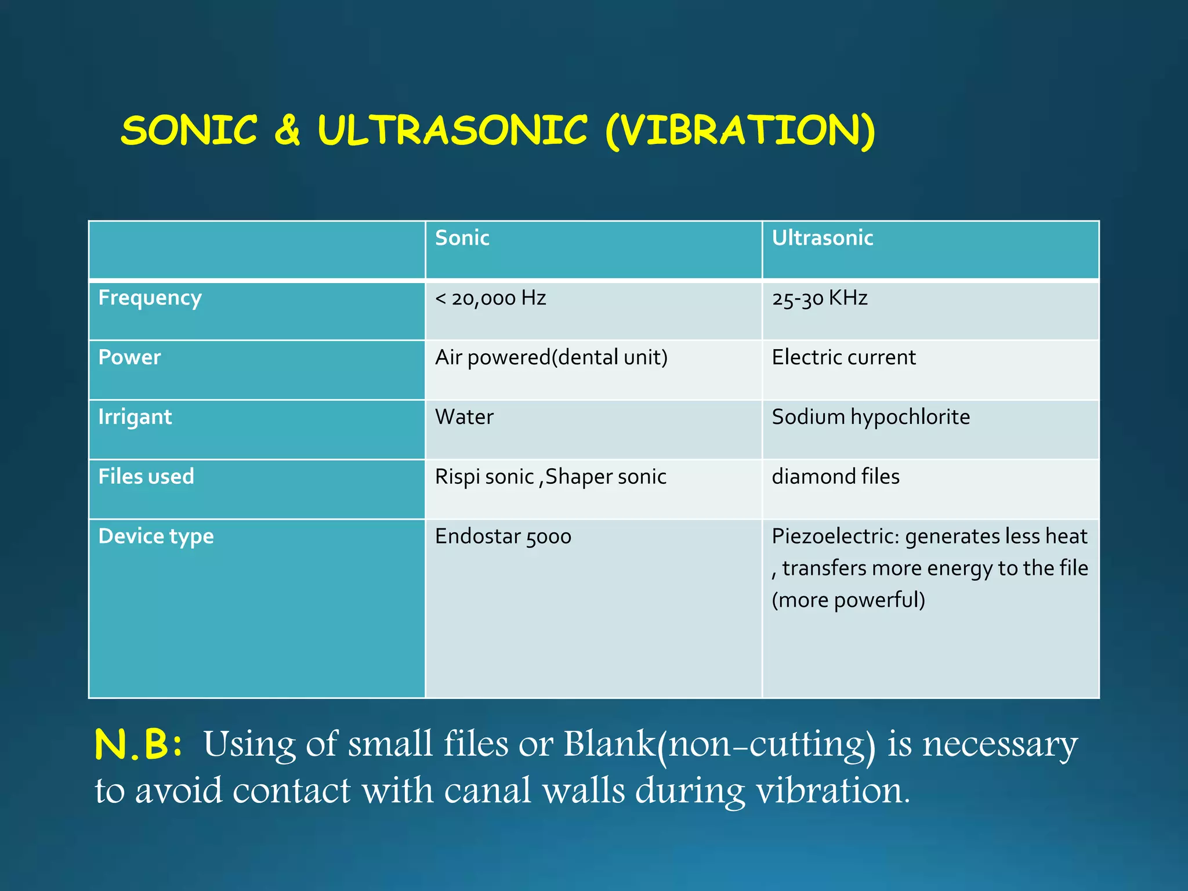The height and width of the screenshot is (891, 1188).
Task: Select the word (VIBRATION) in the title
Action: [x=740, y=131]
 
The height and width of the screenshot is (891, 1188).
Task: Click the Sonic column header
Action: [x=462, y=238]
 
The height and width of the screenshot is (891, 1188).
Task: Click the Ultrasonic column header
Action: [x=822, y=238]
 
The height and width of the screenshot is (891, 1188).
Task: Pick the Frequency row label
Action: [x=150, y=298]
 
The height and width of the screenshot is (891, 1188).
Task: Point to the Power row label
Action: [x=129, y=357]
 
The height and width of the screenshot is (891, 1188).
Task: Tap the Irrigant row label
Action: [x=135, y=417]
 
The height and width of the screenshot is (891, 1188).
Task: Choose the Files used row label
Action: [x=146, y=476]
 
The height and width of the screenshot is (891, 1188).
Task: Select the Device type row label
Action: [x=156, y=537]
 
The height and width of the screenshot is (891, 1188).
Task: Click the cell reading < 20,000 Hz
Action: [x=490, y=298]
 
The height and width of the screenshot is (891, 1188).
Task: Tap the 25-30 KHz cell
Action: [x=819, y=298]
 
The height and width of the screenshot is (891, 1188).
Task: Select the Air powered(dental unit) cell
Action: [x=551, y=357]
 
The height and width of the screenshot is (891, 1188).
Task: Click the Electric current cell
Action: [x=843, y=357]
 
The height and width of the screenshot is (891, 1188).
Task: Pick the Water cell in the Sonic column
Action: [x=464, y=417]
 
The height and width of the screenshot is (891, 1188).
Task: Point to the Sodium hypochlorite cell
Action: [x=870, y=417]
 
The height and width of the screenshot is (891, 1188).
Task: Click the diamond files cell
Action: [x=835, y=476]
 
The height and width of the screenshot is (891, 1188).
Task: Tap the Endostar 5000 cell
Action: [x=503, y=537]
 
